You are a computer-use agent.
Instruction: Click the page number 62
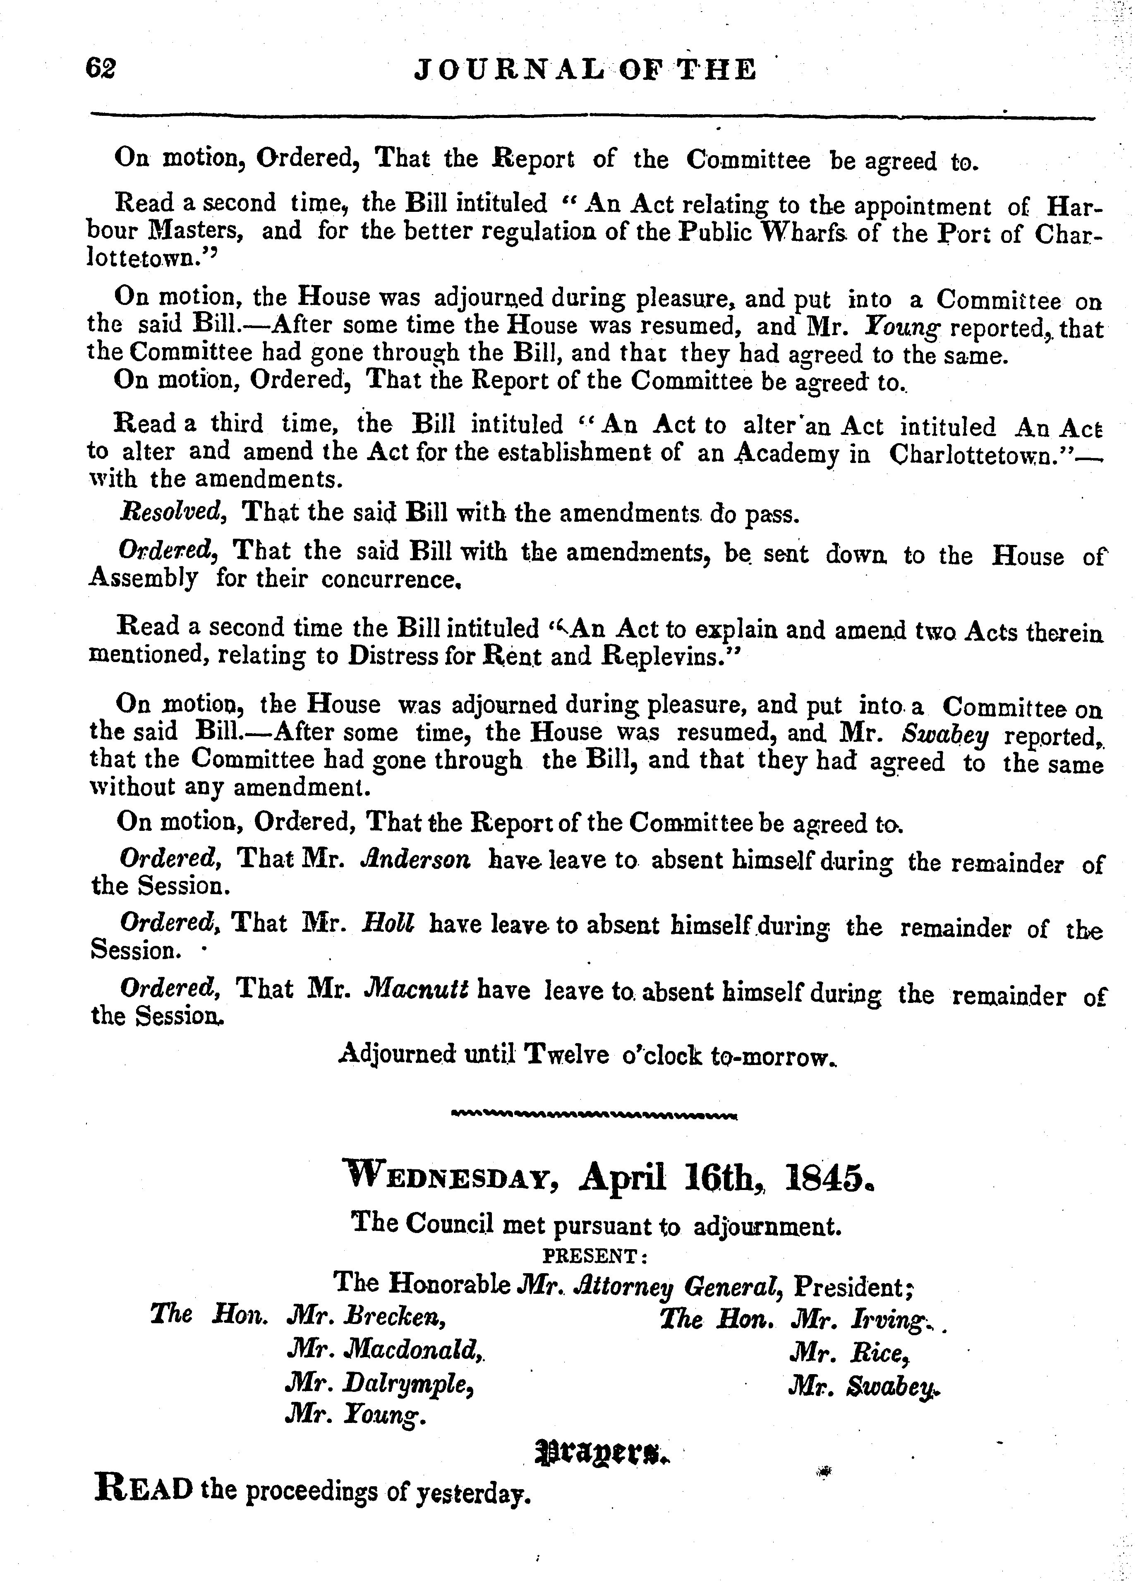(x=100, y=69)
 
